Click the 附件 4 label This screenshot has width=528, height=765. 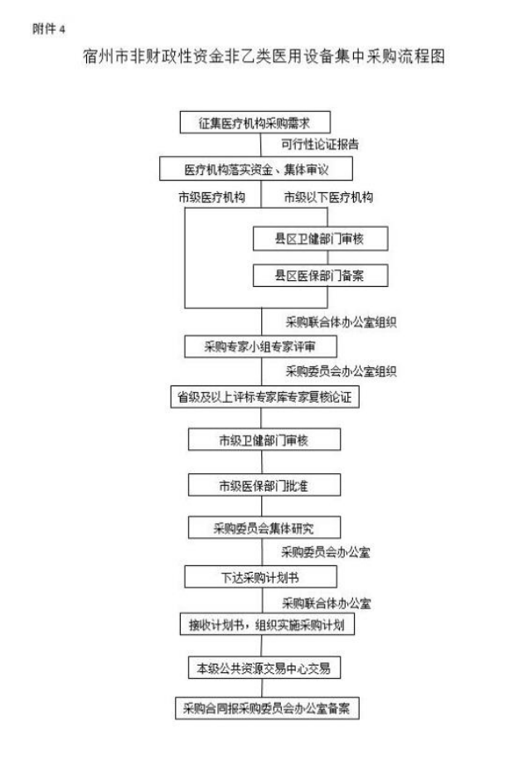click(x=49, y=29)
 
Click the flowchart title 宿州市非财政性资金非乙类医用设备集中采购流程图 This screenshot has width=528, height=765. click(x=264, y=56)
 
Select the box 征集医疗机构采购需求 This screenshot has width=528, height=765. click(x=255, y=123)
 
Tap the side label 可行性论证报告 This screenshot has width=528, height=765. click(x=320, y=144)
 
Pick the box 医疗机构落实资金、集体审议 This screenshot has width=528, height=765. click(x=255, y=169)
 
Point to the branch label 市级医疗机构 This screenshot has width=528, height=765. click(x=212, y=197)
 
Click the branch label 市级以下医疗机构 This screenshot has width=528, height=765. click(x=328, y=197)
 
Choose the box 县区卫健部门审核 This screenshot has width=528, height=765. click(x=320, y=239)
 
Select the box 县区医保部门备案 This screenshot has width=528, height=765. click(x=320, y=276)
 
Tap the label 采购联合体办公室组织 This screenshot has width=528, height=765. click(x=342, y=322)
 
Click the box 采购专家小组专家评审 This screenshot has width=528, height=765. click(x=260, y=346)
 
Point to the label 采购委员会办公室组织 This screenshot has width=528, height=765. click(x=342, y=372)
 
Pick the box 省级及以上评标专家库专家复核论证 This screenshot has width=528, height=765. click(x=264, y=397)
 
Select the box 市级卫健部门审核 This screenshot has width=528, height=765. click(x=264, y=440)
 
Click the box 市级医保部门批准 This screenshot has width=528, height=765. click(x=264, y=486)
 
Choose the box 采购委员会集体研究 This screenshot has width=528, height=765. click(x=264, y=528)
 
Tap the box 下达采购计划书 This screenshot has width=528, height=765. click(x=260, y=577)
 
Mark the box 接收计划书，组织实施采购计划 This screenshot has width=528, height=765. click(x=267, y=624)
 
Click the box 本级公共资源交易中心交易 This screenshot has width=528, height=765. click(x=264, y=668)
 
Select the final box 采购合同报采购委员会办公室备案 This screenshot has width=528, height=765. click(x=267, y=709)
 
